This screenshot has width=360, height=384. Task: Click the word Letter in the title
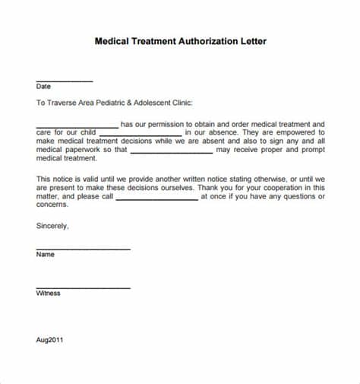(252, 41)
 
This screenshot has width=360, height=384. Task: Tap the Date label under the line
(43, 87)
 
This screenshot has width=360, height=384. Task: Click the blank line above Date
(64, 81)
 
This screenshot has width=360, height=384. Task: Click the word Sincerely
(52, 226)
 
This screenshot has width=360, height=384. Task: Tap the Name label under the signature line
(46, 255)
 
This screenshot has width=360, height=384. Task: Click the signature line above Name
(83, 249)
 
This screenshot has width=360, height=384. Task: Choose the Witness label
(48, 294)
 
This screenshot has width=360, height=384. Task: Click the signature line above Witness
(83, 287)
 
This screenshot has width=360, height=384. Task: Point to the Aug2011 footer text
(49, 340)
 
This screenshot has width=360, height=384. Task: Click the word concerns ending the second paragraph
(52, 205)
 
